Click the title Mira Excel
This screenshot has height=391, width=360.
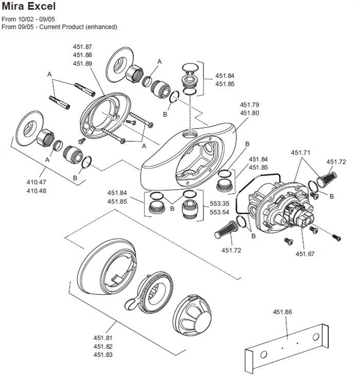(28, 7)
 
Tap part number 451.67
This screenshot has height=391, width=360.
(304, 254)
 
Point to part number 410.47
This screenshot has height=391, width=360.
(37, 181)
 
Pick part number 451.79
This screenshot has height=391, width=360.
(249, 104)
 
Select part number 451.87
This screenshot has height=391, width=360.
(82, 46)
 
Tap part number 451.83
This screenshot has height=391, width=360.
(103, 355)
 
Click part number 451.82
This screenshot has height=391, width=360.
(103, 347)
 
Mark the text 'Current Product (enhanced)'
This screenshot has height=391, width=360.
(83, 27)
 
